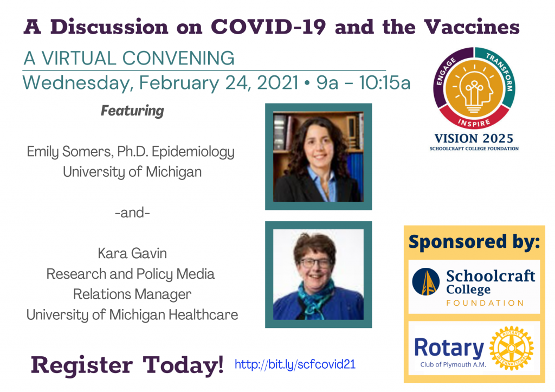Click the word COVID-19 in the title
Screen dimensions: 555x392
268,27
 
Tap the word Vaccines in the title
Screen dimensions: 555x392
472,27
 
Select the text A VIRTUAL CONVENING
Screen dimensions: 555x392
129,58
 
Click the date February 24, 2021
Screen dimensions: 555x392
219,83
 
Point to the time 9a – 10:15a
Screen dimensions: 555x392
363,83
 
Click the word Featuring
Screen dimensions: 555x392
132,111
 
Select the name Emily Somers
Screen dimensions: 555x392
70,152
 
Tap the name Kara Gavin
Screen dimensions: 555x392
132,253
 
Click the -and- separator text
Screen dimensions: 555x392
132,213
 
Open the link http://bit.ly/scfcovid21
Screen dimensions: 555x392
295,364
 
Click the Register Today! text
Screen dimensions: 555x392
127,365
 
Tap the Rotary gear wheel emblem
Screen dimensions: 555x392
511,348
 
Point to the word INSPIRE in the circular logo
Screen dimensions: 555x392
474,123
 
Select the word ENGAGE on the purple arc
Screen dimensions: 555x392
445,72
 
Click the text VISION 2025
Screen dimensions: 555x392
474,138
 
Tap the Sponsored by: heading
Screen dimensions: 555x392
474,242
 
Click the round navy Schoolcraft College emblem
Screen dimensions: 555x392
426,281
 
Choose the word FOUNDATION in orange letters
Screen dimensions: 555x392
485,303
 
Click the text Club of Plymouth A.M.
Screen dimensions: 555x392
453,364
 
